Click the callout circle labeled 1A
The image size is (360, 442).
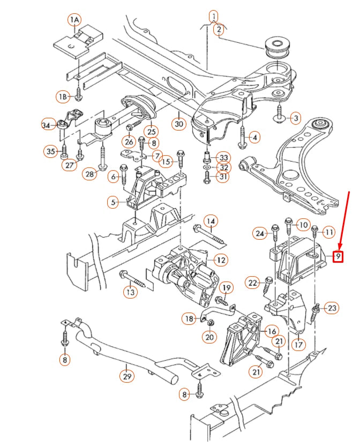[x=74, y=20]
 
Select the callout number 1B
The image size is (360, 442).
[x=64, y=97]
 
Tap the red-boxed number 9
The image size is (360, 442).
[x=337, y=257]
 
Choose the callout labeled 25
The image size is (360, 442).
[x=152, y=131]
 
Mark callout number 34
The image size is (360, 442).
[x=49, y=125]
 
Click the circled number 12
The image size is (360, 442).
[x=220, y=260]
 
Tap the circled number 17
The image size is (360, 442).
[x=299, y=344]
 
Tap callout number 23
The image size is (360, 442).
[x=332, y=308]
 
